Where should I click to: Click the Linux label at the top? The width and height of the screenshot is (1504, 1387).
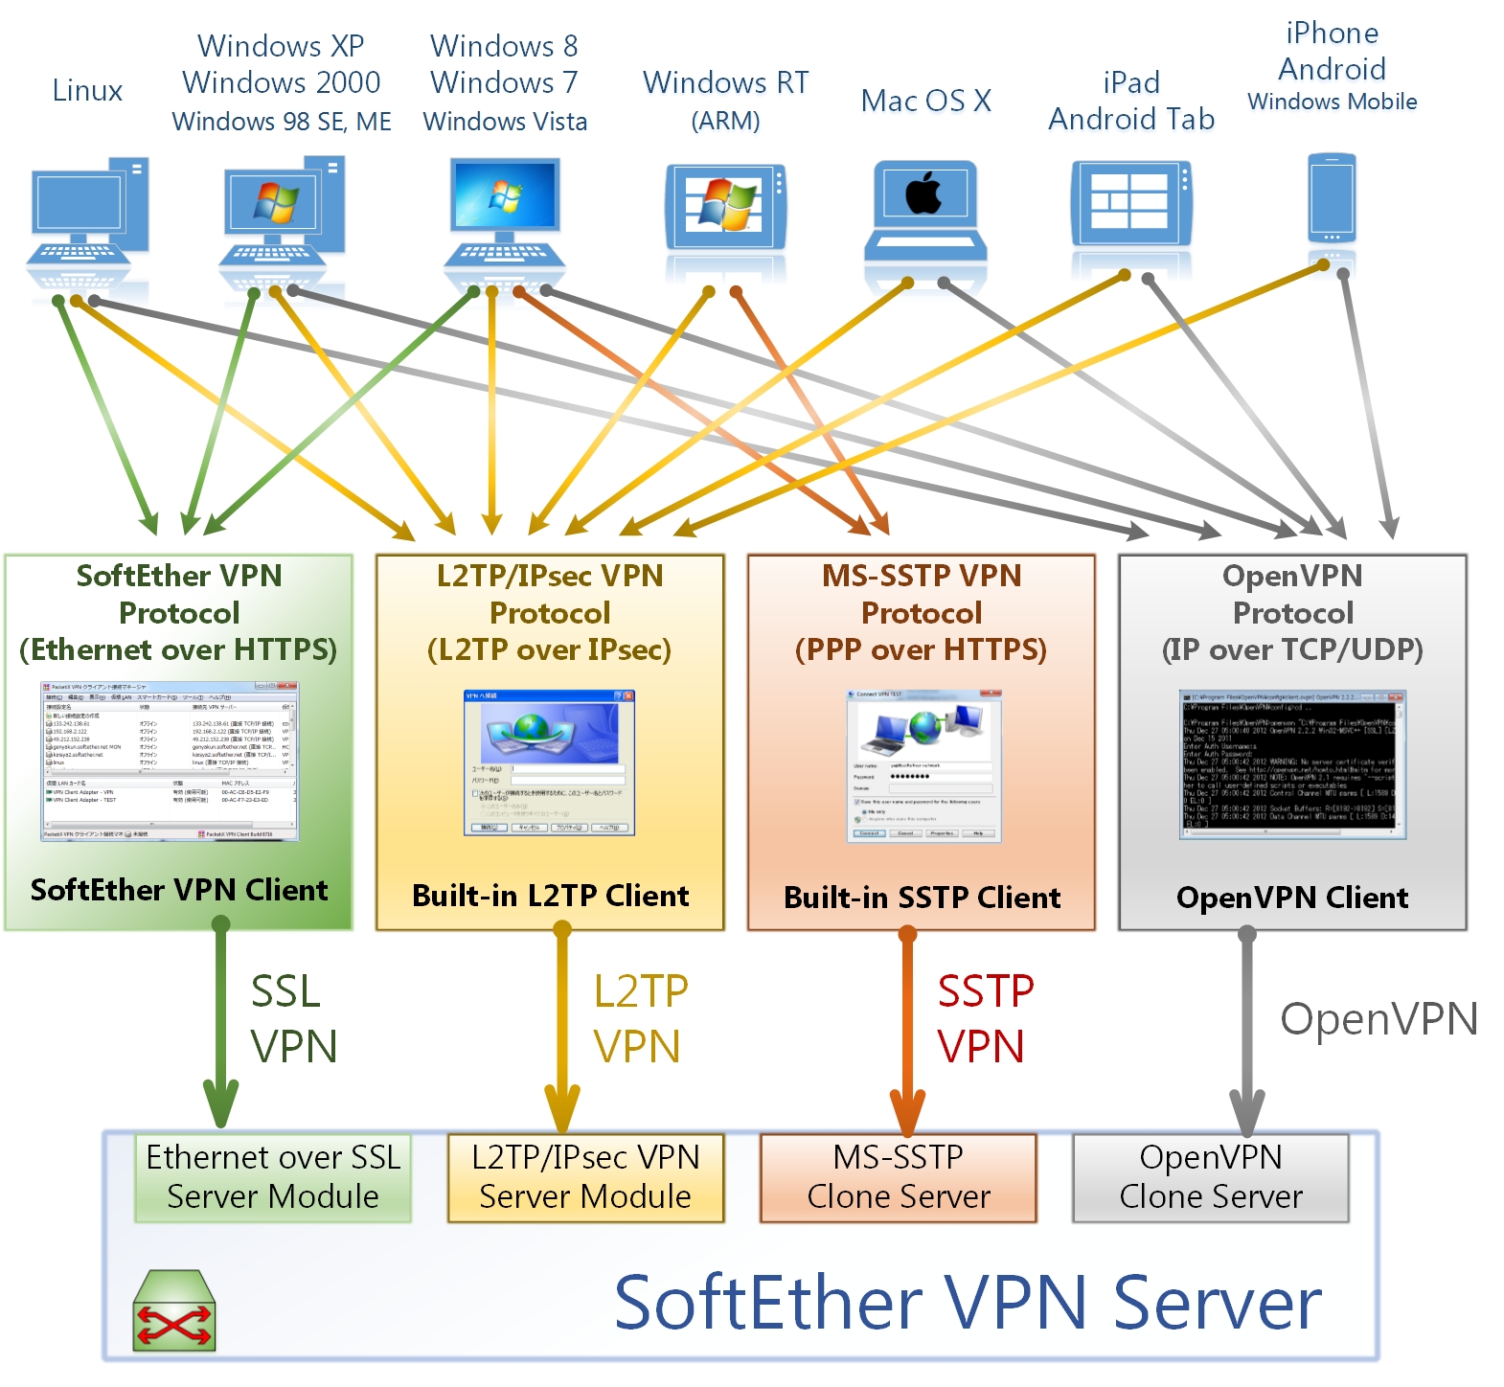click(x=87, y=91)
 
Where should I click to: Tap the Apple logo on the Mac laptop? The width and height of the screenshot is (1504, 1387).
click(x=924, y=193)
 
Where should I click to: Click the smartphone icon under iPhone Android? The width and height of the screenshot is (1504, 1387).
click(x=1332, y=198)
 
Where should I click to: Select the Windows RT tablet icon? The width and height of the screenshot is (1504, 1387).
click(x=725, y=206)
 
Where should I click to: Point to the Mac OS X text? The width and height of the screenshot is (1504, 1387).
click(x=925, y=101)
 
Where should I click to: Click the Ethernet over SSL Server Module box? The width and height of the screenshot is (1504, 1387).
click(x=273, y=1177)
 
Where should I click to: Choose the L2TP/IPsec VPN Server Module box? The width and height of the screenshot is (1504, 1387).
click(x=585, y=1177)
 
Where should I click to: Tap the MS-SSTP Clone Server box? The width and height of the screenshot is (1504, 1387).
click(x=899, y=1177)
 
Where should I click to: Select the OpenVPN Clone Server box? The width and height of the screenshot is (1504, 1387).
click(x=1211, y=1177)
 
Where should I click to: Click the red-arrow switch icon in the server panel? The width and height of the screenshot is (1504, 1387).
click(x=174, y=1313)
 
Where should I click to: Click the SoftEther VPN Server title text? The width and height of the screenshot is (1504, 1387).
click(x=968, y=1303)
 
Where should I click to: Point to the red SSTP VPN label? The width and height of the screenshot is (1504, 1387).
click(x=984, y=1018)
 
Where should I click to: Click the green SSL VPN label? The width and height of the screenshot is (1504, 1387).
click(x=293, y=1018)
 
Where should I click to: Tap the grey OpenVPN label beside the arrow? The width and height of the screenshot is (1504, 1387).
click(x=1379, y=1019)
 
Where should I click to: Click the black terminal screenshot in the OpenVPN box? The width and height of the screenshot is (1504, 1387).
click(x=1292, y=764)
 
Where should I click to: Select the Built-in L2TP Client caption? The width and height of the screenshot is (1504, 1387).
click(x=550, y=896)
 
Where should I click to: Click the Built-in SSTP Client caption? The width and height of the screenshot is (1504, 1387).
click(x=922, y=898)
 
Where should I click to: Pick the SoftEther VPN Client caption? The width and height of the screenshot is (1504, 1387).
click(x=179, y=890)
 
